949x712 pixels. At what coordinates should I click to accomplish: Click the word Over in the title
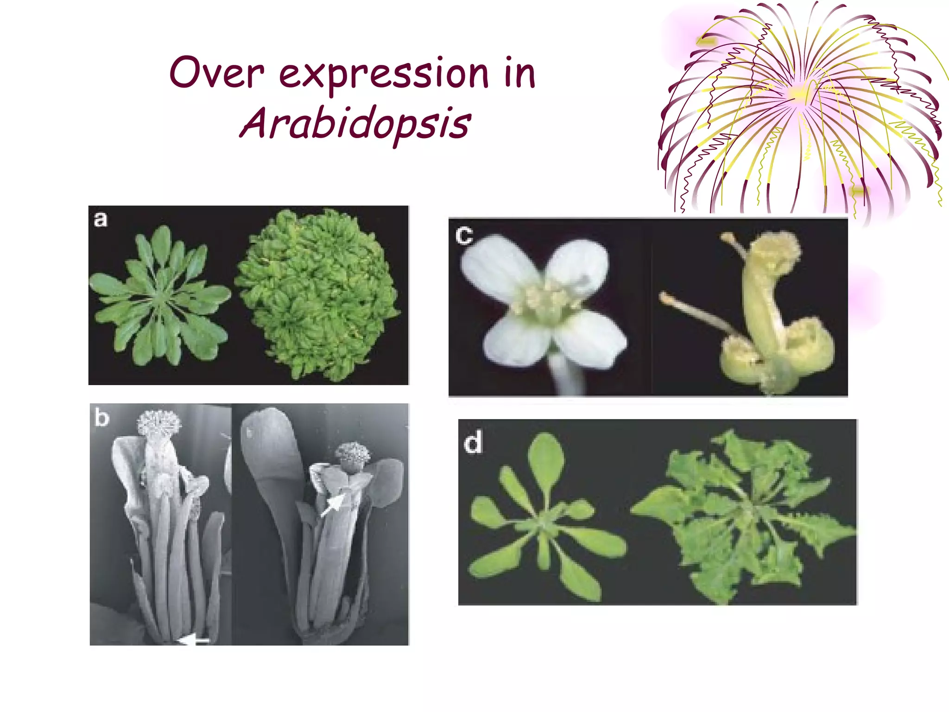(x=217, y=73)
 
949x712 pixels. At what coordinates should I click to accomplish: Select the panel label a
(x=100, y=219)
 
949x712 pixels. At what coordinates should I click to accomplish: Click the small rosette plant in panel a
(x=160, y=297)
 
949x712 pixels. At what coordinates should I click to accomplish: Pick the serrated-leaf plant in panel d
(x=741, y=515)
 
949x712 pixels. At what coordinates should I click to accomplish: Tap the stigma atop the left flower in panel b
(x=159, y=422)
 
